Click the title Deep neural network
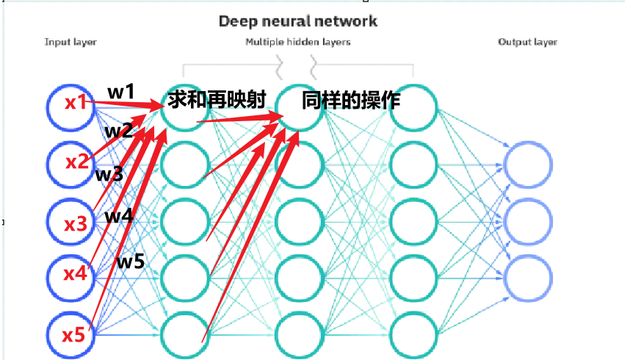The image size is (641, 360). (x=298, y=21)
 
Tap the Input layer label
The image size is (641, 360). (x=70, y=42)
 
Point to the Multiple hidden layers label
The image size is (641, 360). (x=298, y=42)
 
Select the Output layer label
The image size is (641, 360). (x=527, y=42)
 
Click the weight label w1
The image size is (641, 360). (x=121, y=93)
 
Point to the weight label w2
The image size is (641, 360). (x=118, y=132)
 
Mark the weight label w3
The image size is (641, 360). (x=109, y=175)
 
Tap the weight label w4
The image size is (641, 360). (x=118, y=217)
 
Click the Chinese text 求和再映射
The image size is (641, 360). (x=216, y=99)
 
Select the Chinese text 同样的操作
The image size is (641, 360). (x=351, y=100)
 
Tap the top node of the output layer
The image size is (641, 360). (x=527, y=164)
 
